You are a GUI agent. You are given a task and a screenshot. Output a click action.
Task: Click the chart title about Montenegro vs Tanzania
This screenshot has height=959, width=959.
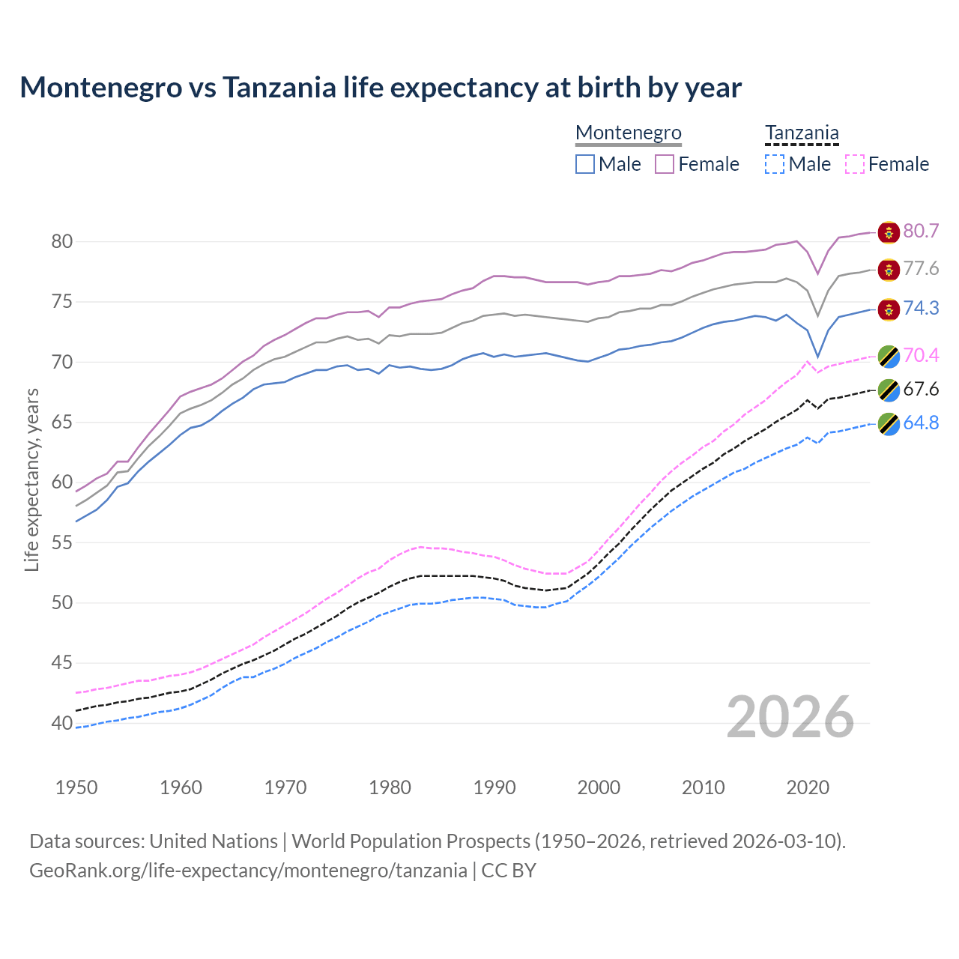[381, 88]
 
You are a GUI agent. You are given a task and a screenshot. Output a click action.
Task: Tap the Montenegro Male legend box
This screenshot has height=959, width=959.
[585, 164]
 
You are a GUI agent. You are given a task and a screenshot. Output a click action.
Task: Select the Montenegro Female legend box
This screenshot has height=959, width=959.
[665, 164]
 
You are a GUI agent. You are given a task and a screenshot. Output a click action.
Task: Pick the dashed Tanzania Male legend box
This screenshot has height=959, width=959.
[775, 164]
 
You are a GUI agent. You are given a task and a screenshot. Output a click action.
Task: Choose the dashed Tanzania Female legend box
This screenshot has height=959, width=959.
[855, 164]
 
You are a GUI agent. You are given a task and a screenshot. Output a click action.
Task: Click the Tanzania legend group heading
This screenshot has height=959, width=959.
[802, 133]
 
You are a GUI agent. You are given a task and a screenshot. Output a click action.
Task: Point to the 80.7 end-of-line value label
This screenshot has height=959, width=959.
[921, 231]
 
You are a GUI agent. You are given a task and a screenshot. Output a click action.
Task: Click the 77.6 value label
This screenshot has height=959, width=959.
[921, 268]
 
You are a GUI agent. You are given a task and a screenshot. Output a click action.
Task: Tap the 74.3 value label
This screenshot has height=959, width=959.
[921, 308]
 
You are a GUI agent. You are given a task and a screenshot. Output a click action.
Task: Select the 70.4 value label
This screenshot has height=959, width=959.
[921, 354]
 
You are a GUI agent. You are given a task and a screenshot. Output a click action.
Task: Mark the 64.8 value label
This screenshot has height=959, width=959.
[921, 423]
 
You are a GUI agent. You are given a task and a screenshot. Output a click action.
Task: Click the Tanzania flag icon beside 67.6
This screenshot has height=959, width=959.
[889, 390]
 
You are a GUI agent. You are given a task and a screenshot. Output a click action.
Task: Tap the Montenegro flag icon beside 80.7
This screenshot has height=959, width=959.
[889, 232]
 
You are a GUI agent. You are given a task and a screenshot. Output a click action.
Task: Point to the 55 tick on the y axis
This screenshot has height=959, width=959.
[62, 542]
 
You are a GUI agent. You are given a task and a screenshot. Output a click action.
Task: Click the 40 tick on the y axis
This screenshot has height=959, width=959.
[62, 723]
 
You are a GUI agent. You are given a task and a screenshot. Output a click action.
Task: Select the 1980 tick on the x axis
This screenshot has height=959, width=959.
[390, 787]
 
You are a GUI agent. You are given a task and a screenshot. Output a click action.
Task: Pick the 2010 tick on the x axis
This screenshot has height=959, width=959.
[703, 787]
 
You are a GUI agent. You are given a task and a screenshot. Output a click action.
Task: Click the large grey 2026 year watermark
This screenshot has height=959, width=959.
[790, 717]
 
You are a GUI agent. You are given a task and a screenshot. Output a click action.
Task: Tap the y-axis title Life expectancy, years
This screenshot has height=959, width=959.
[32, 479]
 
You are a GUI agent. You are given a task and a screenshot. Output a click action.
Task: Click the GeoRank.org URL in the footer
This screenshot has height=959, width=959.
[248, 871]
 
